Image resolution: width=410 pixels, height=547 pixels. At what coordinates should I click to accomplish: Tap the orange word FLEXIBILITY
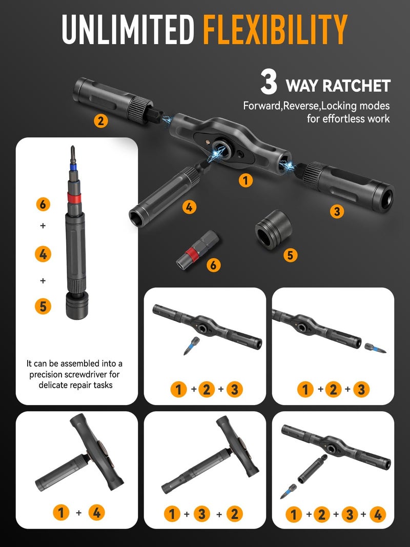point(275,29)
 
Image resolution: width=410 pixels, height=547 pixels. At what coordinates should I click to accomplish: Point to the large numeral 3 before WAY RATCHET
point(269,84)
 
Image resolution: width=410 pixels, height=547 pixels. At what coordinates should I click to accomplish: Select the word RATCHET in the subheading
point(359,86)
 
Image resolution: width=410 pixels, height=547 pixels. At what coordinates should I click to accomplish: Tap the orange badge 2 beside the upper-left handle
point(101,121)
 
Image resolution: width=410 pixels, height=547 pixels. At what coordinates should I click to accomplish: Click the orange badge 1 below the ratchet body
point(247,180)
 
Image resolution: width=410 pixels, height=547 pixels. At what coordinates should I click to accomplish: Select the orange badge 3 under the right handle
point(337,211)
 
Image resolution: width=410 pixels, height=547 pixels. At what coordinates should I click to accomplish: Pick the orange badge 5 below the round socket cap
point(290,255)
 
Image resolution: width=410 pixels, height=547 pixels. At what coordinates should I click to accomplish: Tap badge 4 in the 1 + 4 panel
point(97,512)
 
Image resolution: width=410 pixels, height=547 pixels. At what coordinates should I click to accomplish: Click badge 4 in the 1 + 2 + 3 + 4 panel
point(377,514)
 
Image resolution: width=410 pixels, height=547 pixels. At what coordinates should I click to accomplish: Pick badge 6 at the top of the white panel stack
point(43,204)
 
